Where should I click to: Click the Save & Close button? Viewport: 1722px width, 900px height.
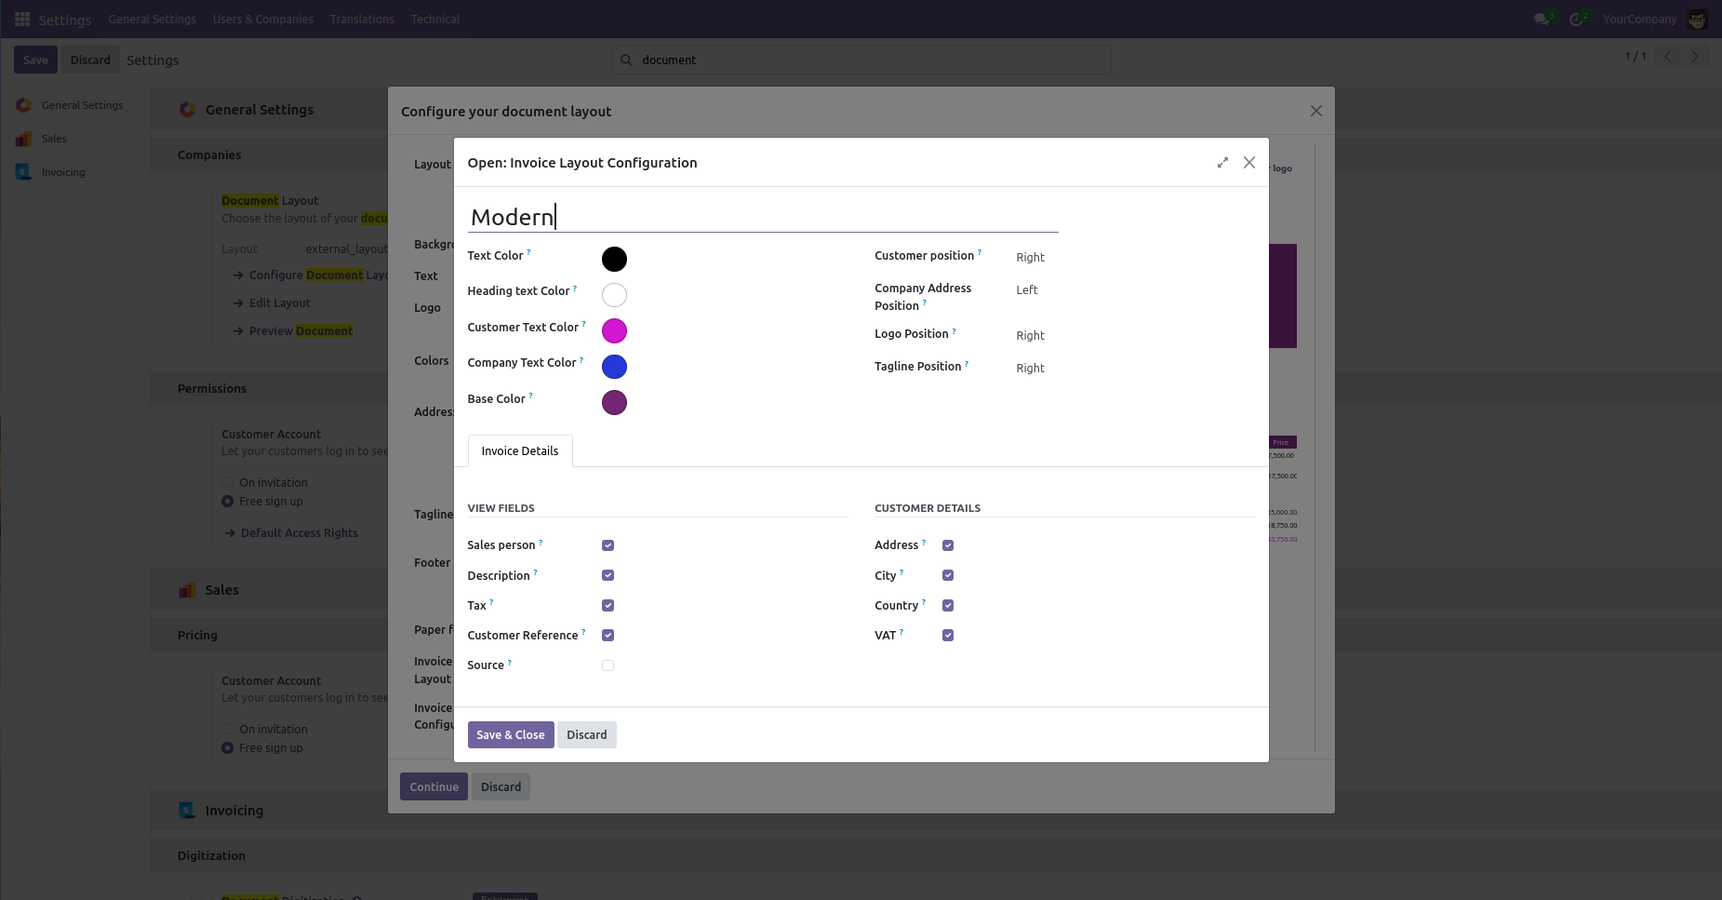(x=510, y=734)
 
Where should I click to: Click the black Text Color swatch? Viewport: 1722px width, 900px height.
(x=614, y=259)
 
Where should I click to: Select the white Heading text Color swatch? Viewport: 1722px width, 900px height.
(x=614, y=295)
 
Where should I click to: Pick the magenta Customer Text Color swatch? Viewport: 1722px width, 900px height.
(x=614, y=330)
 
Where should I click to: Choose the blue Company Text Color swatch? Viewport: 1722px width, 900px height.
(x=614, y=367)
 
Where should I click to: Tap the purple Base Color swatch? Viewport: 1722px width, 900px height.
(x=614, y=402)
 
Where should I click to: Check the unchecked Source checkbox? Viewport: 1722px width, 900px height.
(x=607, y=665)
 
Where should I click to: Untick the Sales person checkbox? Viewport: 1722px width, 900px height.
(x=607, y=545)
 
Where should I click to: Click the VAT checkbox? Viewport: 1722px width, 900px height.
(x=948, y=636)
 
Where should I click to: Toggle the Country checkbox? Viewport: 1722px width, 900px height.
(x=948, y=606)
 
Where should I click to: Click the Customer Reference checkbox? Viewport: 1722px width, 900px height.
(x=607, y=636)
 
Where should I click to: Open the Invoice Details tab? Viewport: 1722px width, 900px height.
(x=519, y=451)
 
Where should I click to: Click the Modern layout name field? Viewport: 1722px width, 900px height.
(x=762, y=217)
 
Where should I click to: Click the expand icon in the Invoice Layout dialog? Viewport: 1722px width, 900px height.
(x=1222, y=163)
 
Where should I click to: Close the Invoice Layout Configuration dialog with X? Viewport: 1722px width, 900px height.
(x=1249, y=163)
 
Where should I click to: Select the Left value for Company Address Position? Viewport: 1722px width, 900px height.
(x=1027, y=290)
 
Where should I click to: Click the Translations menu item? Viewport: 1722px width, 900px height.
(x=362, y=19)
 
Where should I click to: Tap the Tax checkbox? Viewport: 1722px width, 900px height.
(x=607, y=606)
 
